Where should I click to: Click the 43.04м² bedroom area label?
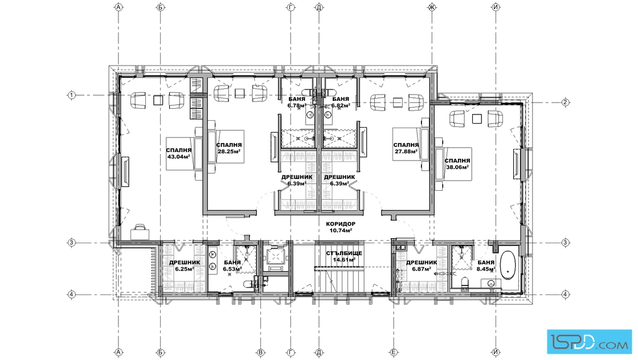point(179,153)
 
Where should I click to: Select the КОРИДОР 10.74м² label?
point(341,227)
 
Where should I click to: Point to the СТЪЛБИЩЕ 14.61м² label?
point(344,256)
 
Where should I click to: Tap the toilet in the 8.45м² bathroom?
point(464,281)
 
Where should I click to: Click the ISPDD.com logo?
point(589,341)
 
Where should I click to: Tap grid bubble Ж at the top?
point(432,7)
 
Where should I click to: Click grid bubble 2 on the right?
point(565,102)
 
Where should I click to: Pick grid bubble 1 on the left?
point(72,95)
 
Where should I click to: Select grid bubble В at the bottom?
point(261,353)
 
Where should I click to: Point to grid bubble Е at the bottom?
point(394,353)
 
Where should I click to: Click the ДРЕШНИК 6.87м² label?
point(422,265)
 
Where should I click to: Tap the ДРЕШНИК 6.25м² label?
point(185,265)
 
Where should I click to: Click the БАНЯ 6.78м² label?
point(297,102)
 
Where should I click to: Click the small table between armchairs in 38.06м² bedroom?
point(477,118)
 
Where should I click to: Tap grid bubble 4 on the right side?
point(565,294)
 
